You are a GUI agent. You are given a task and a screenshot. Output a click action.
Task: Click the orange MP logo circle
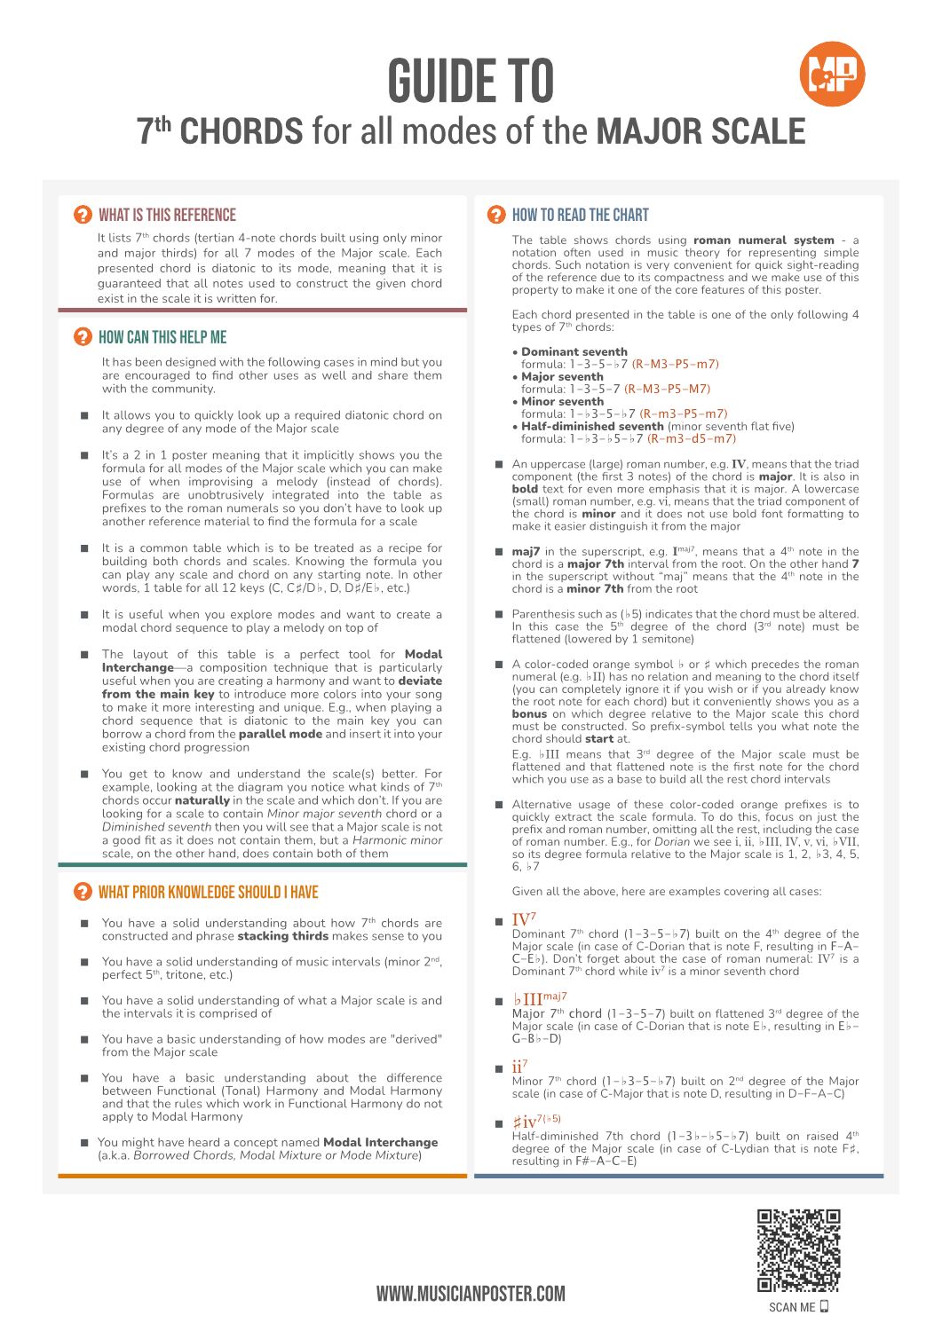point(832,75)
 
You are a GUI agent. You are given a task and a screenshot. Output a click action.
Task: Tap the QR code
point(798,1250)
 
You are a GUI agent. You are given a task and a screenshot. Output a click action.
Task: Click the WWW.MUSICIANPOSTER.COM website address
point(471,1294)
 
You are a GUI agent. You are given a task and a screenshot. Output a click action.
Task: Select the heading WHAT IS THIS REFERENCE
point(167,215)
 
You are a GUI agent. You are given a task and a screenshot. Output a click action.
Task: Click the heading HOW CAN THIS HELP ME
point(162,337)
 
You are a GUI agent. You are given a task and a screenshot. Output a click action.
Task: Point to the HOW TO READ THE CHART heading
point(580,215)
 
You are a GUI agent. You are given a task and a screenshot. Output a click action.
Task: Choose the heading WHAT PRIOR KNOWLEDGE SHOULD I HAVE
point(208,892)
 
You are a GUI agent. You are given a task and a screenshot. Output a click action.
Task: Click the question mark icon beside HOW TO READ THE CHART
point(497,215)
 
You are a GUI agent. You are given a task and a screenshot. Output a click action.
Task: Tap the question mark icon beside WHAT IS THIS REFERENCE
point(83,215)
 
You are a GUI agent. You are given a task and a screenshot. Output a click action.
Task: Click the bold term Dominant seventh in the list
point(574,351)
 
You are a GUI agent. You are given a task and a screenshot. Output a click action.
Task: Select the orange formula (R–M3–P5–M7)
point(667,389)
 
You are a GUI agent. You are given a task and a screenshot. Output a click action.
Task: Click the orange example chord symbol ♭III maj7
point(539,1000)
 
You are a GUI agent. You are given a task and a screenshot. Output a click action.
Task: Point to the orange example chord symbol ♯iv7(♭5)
point(536,1122)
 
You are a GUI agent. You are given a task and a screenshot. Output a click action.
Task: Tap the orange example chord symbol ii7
point(520,1067)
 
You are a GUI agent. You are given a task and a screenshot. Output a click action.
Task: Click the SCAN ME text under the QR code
point(792,1307)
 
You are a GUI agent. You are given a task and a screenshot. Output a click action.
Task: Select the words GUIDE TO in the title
point(471,82)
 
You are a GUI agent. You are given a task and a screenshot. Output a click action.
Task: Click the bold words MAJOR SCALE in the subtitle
point(701,131)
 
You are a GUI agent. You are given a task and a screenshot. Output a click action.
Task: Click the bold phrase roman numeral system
point(764,240)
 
